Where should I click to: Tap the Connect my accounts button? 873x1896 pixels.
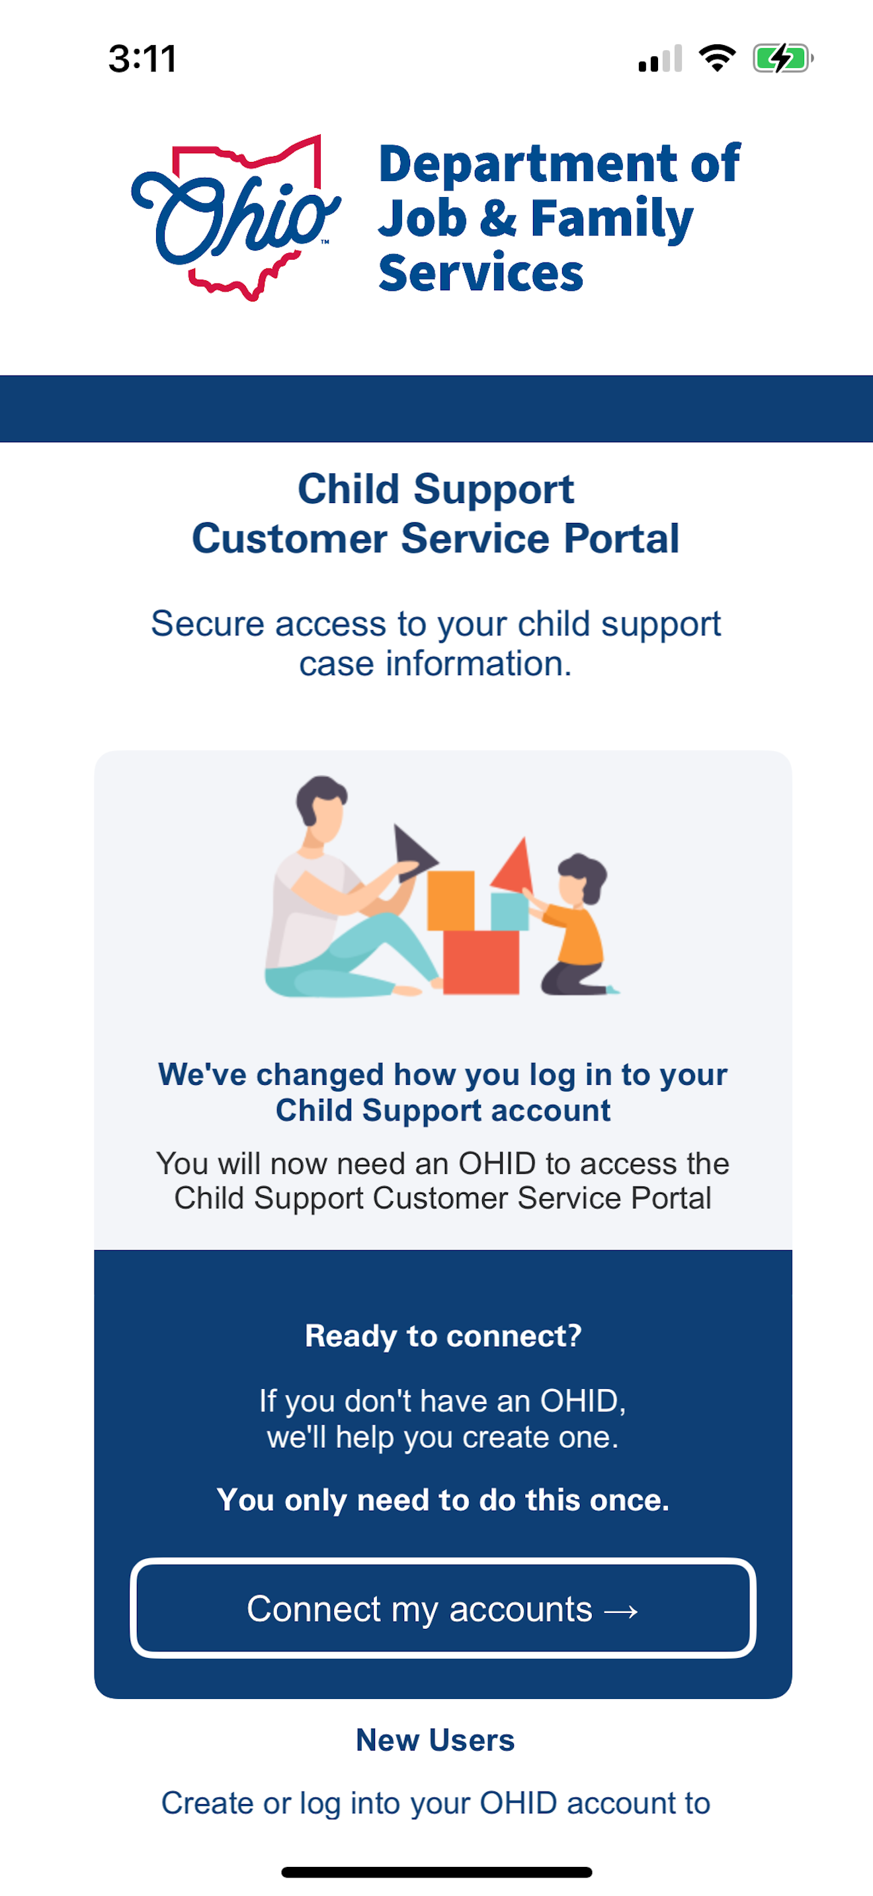442,1609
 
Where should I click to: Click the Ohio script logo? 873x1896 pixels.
234,217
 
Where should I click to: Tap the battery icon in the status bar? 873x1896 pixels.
781,58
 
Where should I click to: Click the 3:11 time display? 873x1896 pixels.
143,59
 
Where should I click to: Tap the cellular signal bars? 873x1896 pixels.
660,59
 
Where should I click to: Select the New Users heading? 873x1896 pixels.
435,1741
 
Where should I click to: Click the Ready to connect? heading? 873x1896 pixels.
443,1336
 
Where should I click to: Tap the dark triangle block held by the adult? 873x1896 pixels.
411,853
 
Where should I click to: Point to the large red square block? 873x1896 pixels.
481,961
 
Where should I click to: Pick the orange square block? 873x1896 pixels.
450,900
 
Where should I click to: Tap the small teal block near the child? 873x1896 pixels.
509,911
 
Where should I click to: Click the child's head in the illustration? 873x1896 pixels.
581,878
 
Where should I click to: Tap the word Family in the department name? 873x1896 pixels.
611,219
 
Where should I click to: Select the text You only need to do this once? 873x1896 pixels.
443,1500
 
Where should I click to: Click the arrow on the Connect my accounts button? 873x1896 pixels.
620,1612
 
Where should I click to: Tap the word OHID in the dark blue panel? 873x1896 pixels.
579,1401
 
